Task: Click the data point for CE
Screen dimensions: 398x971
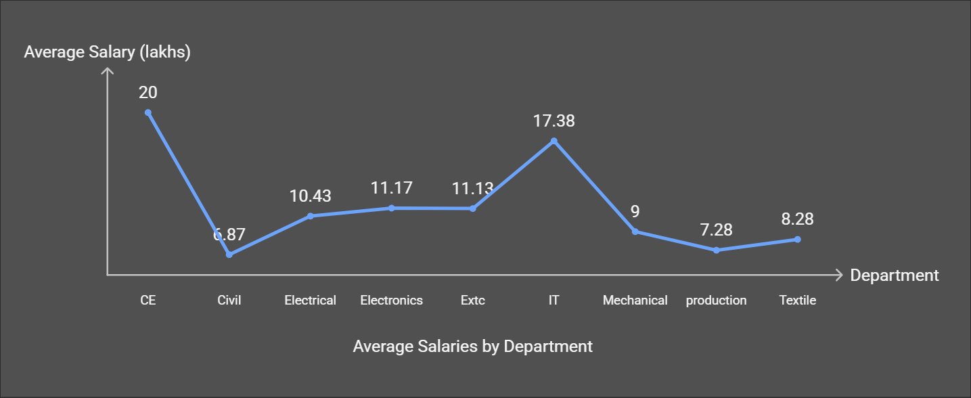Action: (148, 112)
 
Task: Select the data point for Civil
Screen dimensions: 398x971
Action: (229, 255)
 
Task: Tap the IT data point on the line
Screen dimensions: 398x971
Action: (554, 141)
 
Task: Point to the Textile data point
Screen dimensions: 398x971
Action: (798, 240)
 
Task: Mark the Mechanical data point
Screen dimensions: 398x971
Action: (635, 231)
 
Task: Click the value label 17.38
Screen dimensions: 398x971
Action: (554, 121)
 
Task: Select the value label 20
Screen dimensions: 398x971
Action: (148, 93)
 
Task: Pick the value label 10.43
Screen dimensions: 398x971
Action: (311, 196)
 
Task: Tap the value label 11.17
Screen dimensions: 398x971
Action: (392, 188)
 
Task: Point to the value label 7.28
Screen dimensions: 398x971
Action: (717, 230)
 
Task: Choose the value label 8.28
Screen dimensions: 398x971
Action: (798, 219)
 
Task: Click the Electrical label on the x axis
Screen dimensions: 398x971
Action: (311, 301)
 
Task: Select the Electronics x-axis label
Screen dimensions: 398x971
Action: (392, 301)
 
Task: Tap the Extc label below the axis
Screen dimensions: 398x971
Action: (473, 301)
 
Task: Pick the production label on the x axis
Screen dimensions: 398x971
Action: (717, 301)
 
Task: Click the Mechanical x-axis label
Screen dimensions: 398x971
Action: (635, 301)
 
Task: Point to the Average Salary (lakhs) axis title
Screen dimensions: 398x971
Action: (107, 52)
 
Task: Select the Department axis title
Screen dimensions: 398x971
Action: (895, 275)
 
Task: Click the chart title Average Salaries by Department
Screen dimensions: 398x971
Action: (473, 347)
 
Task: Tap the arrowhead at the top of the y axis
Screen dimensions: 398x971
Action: (108, 70)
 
